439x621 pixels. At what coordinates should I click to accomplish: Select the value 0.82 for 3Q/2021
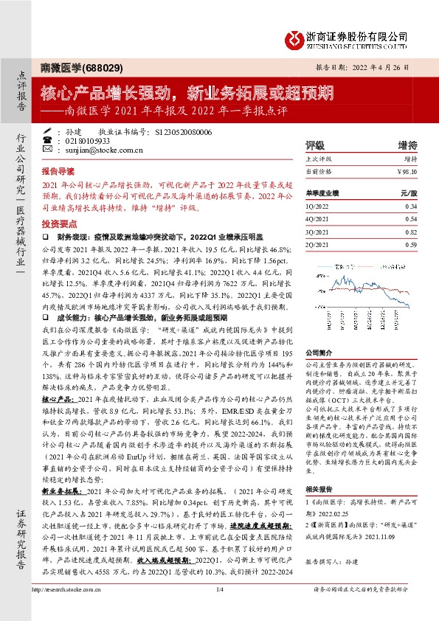(411, 232)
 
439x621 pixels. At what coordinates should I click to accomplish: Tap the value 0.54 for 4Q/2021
(411, 220)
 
